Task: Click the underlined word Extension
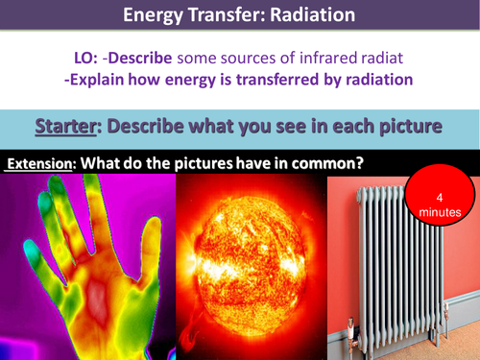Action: pos(40,163)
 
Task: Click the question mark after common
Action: pos(359,163)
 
